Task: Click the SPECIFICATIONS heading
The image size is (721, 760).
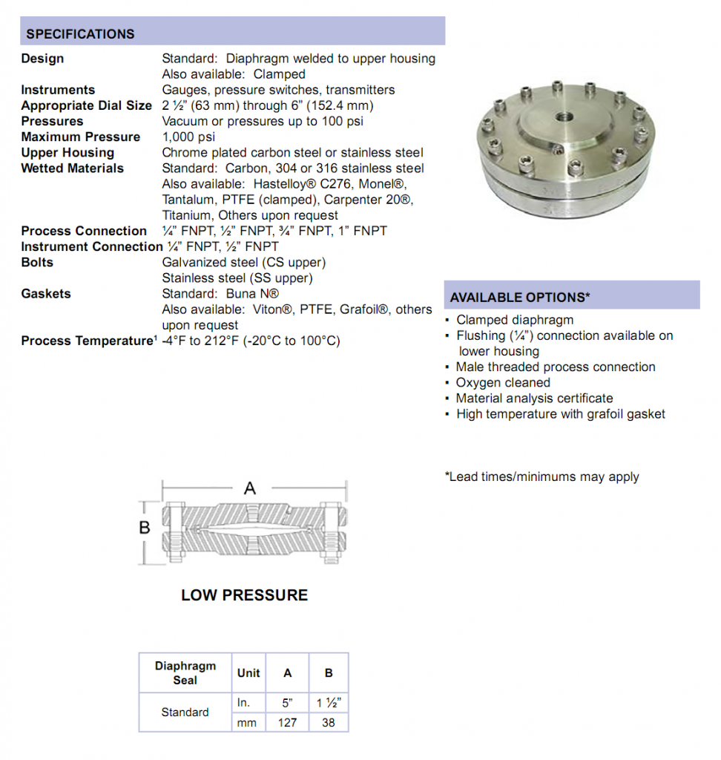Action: pyautogui.click(x=80, y=34)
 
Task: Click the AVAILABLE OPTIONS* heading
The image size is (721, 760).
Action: pyautogui.click(x=520, y=297)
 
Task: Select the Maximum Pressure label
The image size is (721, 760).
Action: pyautogui.click(x=80, y=137)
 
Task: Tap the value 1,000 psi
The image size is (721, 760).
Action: pyautogui.click(x=188, y=137)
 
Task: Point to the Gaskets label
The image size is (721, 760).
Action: pyautogui.click(x=46, y=293)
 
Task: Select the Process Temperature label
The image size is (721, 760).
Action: pyautogui.click(x=86, y=341)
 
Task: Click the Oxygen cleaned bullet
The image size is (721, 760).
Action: pyautogui.click(x=503, y=382)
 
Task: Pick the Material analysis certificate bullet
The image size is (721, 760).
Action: pyautogui.click(x=534, y=398)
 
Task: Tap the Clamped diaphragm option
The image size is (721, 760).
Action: pyautogui.click(x=515, y=320)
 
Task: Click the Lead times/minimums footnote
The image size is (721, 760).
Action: pyautogui.click(x=542, y=476)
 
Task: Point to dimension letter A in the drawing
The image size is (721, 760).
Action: pyautogui.click(x=250, y=488)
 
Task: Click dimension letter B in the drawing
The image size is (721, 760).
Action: pyautogui.click(x=145, y=527)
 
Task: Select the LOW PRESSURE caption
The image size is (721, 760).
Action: pyautogui.click(x=244, y=595)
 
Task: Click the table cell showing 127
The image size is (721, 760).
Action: pyautogui.click(x=288, y=722)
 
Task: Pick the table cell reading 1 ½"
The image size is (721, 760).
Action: pyautogui.click(x=329, y=703)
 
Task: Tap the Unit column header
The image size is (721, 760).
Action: pyautogui.click(x=248, y=672)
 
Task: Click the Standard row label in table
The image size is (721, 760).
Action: pyautogui.click(x=185, y=712)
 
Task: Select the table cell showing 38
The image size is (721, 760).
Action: pyautogui.click(x=329, y=722)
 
